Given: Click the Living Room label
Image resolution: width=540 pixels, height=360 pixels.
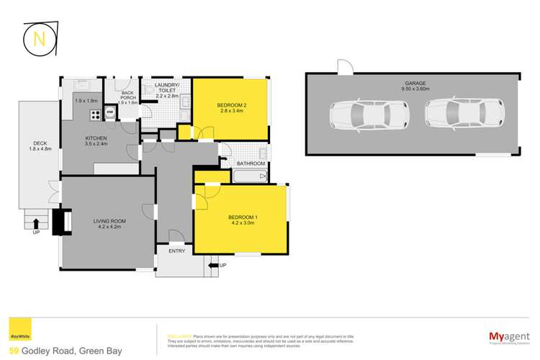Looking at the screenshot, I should click(x=109, y=225).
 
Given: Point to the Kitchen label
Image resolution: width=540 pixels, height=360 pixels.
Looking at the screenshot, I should click(x=96, y=141).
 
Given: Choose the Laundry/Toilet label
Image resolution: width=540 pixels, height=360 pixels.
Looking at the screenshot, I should click(x=171, y=89).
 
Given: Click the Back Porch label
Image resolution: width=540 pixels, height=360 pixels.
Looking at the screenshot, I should click(x=127, y=97).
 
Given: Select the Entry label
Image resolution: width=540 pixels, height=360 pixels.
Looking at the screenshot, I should click(x=177, y=251).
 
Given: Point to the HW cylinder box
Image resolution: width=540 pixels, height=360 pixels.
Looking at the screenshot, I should click(x=110, y=112).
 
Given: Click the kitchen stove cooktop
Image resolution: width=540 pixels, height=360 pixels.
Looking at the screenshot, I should click(x=94, y=114).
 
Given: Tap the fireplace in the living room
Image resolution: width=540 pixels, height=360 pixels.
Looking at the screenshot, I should click(x=66, y=221).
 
